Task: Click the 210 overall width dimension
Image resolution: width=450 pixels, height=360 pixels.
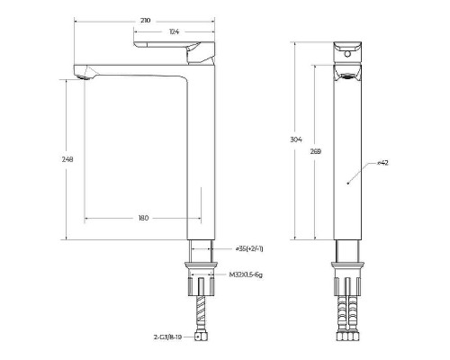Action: [x=144, y=19]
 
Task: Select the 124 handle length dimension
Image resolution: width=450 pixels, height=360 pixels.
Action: [x=173, y=32]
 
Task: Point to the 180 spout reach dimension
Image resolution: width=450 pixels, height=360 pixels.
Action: [x=143, y=218]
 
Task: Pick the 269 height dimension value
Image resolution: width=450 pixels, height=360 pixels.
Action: [x=316, y=152]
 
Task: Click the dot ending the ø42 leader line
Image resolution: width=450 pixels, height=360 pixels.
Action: [x=347, y=182]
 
